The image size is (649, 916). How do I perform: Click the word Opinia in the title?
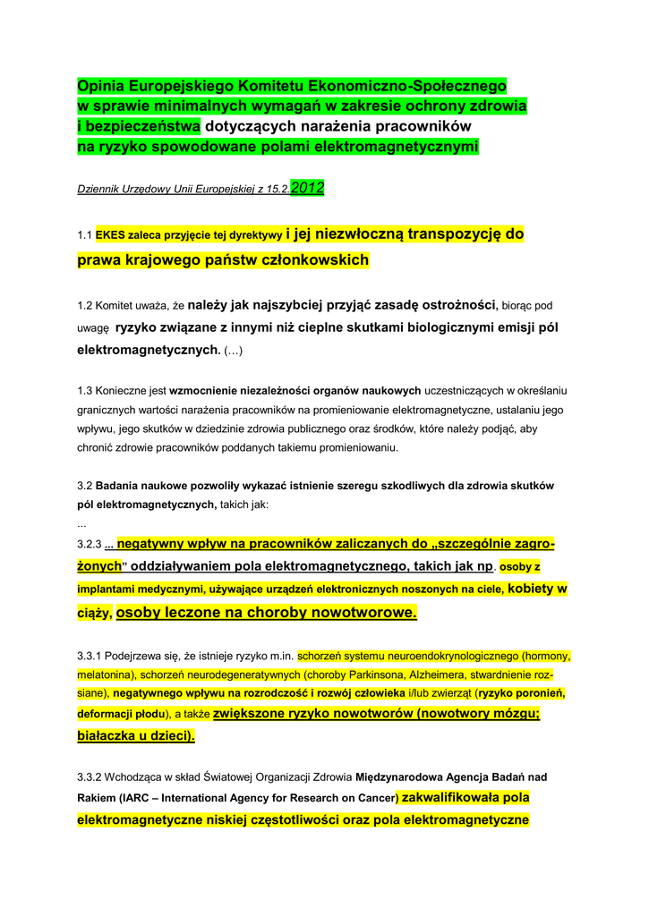pyautogui.click(x=99, y=87)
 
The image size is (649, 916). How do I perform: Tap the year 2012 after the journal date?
pyautogui.click(x=308, y=188)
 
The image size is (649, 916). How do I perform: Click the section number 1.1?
pyautogui.click(x=85, y=236)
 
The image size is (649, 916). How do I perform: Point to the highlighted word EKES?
pyautogui.click(x=112, y=236)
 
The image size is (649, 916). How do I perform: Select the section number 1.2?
pyautogui.click(x=85, y=306)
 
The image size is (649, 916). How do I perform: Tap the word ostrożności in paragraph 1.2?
pyautogui.click(x=457, y=305)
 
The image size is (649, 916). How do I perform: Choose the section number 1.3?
pyautogui.click(x=85, y=391)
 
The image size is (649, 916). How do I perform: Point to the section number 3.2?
pyautogui.click(x=85, y=486)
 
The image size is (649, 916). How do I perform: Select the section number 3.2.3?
pyautogui.click(x=90, y=544)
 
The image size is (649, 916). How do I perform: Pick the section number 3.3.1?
pyautogui.click(x=92, y=656)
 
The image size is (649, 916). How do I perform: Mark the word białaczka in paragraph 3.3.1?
pyautogui.click(x=107, y=735)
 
